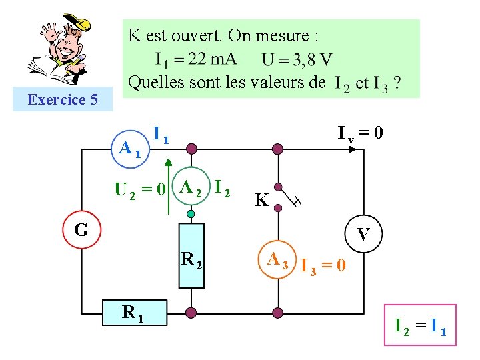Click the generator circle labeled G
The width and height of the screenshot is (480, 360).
(x=81, y=230)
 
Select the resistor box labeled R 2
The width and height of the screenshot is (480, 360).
(x=191, y=255)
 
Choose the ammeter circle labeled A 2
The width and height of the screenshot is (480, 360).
(x=191, y=189)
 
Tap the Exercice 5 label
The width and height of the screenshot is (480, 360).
(x=63, y=100)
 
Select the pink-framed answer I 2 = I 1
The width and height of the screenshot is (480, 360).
(x=420, y=326)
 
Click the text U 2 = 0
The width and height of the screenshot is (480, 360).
(x=140, y=190)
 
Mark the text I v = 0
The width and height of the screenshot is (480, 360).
(x=360, y=133)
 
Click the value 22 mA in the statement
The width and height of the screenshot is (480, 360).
(x=213, y=59)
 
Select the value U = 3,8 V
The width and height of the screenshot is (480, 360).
(x=297, y=60)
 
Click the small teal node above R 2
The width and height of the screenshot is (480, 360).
(x=191, y=214)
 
